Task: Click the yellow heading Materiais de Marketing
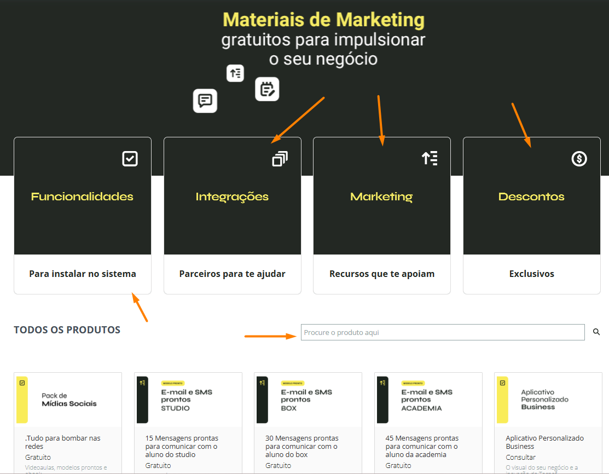(x=323, y=20)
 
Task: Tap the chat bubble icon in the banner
(x=205, y=101)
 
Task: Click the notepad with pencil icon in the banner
(x=267, y=89)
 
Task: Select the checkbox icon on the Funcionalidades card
(x=130, y=159)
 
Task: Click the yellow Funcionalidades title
(x=82, y=196)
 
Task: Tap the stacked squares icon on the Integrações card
(x=280, y=159)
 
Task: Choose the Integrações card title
(x=232, y=196)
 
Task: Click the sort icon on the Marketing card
(x=430, y=159)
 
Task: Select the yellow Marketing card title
(x=381, y=196)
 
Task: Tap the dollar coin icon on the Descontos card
(x=579, y=159)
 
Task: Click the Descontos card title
(x=531, y=196)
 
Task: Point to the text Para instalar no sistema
(x=83, y=274)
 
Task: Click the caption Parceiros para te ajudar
(x=232, y=274)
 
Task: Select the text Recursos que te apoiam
(x=382, y=274)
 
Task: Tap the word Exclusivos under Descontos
(x=531, y=274)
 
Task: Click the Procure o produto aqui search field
(x=442, y=332)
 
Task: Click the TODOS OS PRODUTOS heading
(x=67, y=330)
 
